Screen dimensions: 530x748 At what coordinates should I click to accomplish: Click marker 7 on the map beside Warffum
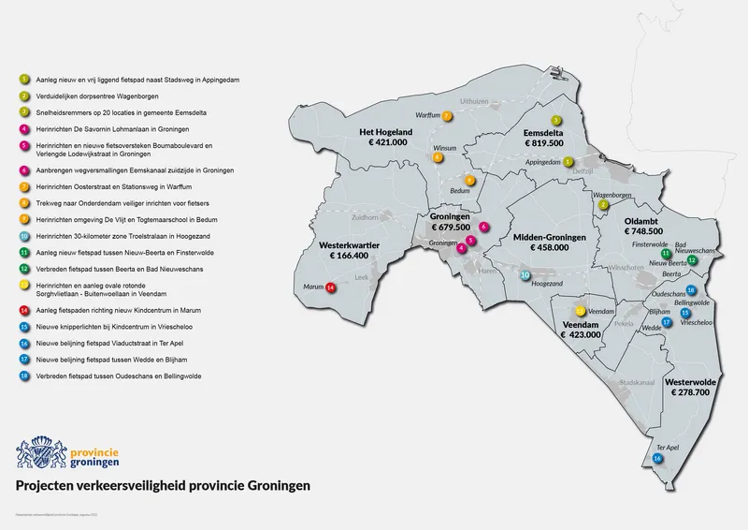point(447,116)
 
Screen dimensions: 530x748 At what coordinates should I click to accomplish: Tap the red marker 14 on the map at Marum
point(330,287)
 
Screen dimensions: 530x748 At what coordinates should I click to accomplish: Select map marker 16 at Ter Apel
point(658,459)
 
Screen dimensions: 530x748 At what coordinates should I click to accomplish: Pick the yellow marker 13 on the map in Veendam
point(581,310)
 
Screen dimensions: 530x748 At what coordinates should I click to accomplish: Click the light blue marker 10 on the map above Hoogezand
point(525,276)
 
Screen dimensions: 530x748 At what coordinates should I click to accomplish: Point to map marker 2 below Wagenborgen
point(604,204)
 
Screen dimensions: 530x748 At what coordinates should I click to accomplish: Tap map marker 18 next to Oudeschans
point(690,290)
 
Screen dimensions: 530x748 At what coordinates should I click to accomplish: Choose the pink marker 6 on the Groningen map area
point(483,227)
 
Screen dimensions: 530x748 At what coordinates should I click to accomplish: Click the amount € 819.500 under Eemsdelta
point(544,144)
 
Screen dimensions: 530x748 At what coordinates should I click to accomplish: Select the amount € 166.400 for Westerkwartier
point(343,255)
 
